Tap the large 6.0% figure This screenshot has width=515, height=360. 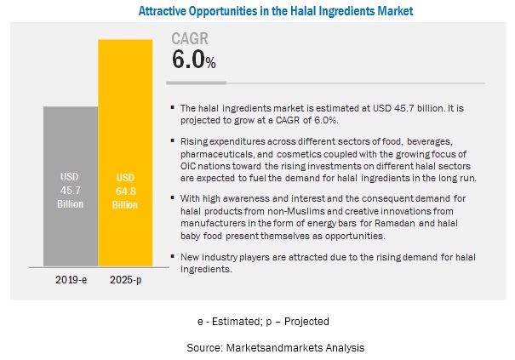192,59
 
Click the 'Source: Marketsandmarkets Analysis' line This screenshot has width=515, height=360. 262,348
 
